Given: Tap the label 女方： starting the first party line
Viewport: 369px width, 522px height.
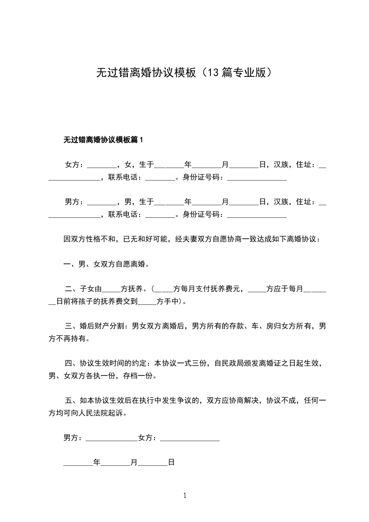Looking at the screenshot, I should (74, 165).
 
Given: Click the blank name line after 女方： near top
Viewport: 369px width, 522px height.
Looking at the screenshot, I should (101, 166).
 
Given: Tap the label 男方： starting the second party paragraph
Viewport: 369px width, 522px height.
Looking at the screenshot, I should (74, 202).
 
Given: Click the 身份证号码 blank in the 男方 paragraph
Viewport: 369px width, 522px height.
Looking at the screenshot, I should (256, 215).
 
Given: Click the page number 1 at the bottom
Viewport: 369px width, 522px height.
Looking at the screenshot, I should (185, 496).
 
